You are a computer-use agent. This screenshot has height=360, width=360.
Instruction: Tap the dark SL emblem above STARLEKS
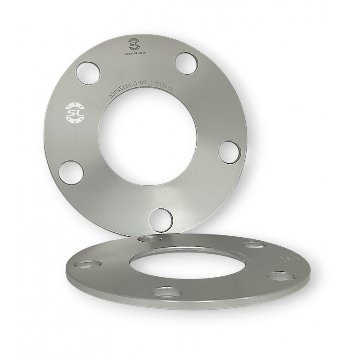coord(134,44)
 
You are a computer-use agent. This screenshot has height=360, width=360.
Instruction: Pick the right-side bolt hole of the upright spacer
coord(228,152)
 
